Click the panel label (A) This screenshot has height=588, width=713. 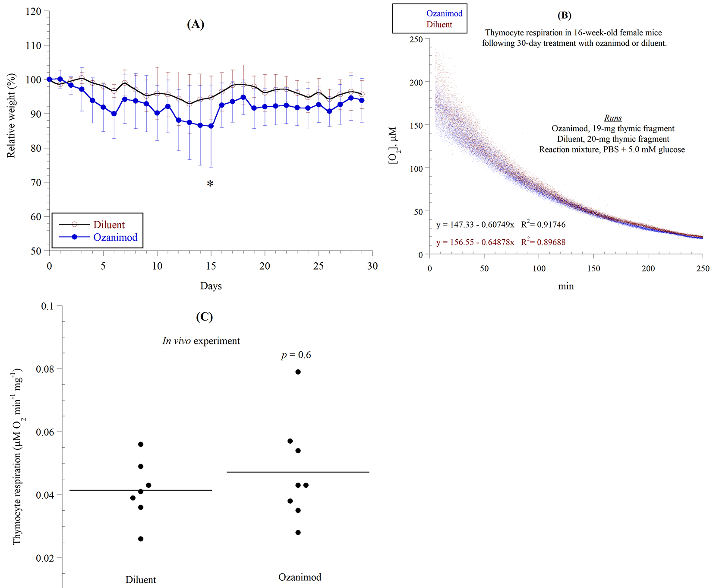196,24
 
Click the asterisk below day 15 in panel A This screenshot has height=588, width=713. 210,184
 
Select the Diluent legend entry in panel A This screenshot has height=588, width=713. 109,225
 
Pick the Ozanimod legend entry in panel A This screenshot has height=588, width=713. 115,237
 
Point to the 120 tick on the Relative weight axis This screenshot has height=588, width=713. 34,11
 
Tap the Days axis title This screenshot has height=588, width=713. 211,286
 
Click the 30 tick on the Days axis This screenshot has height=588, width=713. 372,266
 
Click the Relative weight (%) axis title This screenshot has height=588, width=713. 11,116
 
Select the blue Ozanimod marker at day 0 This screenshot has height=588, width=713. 50,79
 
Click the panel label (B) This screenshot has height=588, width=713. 564,16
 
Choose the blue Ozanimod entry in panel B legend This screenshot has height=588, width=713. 444,13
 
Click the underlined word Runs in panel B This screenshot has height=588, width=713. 613,118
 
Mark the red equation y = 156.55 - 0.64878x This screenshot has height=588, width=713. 475,242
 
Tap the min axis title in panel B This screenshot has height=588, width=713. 566,286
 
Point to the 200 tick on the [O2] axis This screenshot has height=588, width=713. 416,82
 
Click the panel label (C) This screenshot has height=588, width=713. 204,317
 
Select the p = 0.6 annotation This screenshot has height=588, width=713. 296,355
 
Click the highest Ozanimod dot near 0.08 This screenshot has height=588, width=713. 298,372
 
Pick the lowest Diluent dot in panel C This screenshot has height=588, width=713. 141,539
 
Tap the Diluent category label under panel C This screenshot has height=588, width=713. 141,580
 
